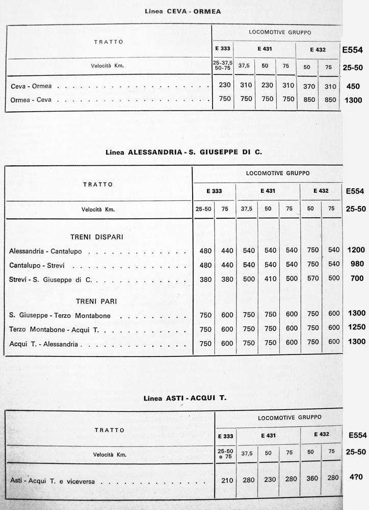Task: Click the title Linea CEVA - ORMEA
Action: coord(183,11)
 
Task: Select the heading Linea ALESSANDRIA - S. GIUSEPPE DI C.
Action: coord(183,151)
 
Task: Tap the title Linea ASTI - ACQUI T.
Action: coord(184,398)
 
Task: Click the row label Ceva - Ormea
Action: coord(35,86)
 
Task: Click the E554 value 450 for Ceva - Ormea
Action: coord(353,86)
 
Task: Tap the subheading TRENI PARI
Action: coord(96,301)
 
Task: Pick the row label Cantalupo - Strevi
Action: coord(41,265)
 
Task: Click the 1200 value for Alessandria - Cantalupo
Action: coord(356,250)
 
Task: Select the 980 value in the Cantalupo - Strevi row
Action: coord(356,265)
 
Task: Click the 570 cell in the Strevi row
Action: coord(313,279)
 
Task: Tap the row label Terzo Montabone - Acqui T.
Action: coord(54,329)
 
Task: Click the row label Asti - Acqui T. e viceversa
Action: coord(56,480)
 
